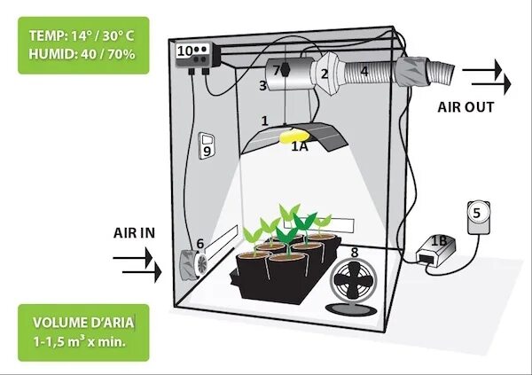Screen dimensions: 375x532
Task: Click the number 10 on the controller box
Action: [186, 51]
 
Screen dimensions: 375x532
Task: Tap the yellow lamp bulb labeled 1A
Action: [290, 137]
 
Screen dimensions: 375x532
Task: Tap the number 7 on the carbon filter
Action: [277, 69]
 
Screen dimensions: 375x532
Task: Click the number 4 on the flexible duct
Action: [364, 71]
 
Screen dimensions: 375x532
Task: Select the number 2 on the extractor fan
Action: [325, 74]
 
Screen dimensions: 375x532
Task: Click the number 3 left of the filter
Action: [262, 86]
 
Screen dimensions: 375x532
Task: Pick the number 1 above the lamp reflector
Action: [264, 120]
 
